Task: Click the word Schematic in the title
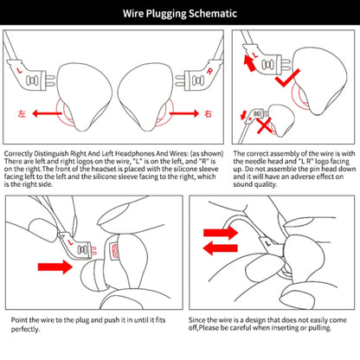(x=213, y=14)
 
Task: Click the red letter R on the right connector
(x=209, y=71)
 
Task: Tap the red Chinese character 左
(x=22, y=113)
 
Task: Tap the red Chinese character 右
(x=208, y=113)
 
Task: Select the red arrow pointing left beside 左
(x=47, y=113)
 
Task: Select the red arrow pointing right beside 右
(x=184, y=113)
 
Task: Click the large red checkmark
(x=287, y=78)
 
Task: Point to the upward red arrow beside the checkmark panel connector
(x=249, y=63)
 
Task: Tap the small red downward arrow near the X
(x=243, y=115)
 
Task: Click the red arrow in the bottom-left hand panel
(x=55, y=267)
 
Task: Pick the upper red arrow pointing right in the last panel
(x=221, y=233)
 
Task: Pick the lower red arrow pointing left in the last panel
(x=221, y=248)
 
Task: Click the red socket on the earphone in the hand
(x=114, y=251)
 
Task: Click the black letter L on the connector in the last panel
(x=268, y=243)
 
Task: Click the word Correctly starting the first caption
(x=18, y=154)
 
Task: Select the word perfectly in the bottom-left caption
(x=25, y=329)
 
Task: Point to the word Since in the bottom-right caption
(x=196, y=320)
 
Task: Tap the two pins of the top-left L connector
(x=50, y=80)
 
